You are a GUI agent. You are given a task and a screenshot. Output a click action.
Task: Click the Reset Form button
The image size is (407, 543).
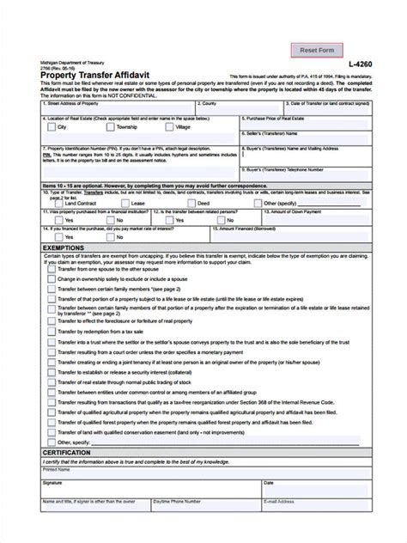(x=317, y=50)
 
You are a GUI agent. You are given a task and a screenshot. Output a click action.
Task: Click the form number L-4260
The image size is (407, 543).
(x=361, y=65)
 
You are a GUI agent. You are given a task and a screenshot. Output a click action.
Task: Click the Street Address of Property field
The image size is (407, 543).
(x=103, y=107)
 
